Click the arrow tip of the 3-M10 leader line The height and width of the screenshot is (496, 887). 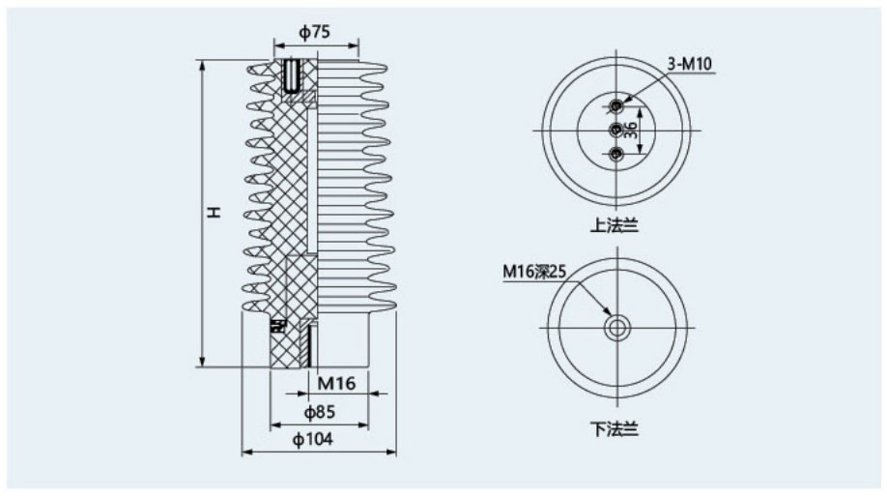coord(621,103)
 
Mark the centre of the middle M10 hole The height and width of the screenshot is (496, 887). coord(616,131)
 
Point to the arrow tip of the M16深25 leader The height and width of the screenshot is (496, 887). coord(611,315)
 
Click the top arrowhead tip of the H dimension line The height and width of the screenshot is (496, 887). coord(203,60)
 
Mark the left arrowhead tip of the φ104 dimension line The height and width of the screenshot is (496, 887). coord(243,452)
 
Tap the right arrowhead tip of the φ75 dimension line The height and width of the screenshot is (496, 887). coord(358,45)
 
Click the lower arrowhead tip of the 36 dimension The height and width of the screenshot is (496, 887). coord(640,154)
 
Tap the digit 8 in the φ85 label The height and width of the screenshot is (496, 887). coord(319,412)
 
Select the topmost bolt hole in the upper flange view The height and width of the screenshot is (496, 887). coord(616,105)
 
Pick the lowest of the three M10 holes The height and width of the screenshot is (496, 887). coord(616,154)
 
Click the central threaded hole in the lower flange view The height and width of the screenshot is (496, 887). coord(616,328)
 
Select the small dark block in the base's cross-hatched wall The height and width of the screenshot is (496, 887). coord(277,326)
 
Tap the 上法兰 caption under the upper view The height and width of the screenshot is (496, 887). coord(615,226)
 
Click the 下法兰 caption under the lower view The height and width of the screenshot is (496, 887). coord(615,429)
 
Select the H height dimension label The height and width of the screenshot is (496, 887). coord(214,213)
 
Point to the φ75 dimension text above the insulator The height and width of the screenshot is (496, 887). coord(315,32)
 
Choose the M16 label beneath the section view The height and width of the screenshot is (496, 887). coord(336,384)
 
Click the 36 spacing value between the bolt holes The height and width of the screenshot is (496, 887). coord(631,131)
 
